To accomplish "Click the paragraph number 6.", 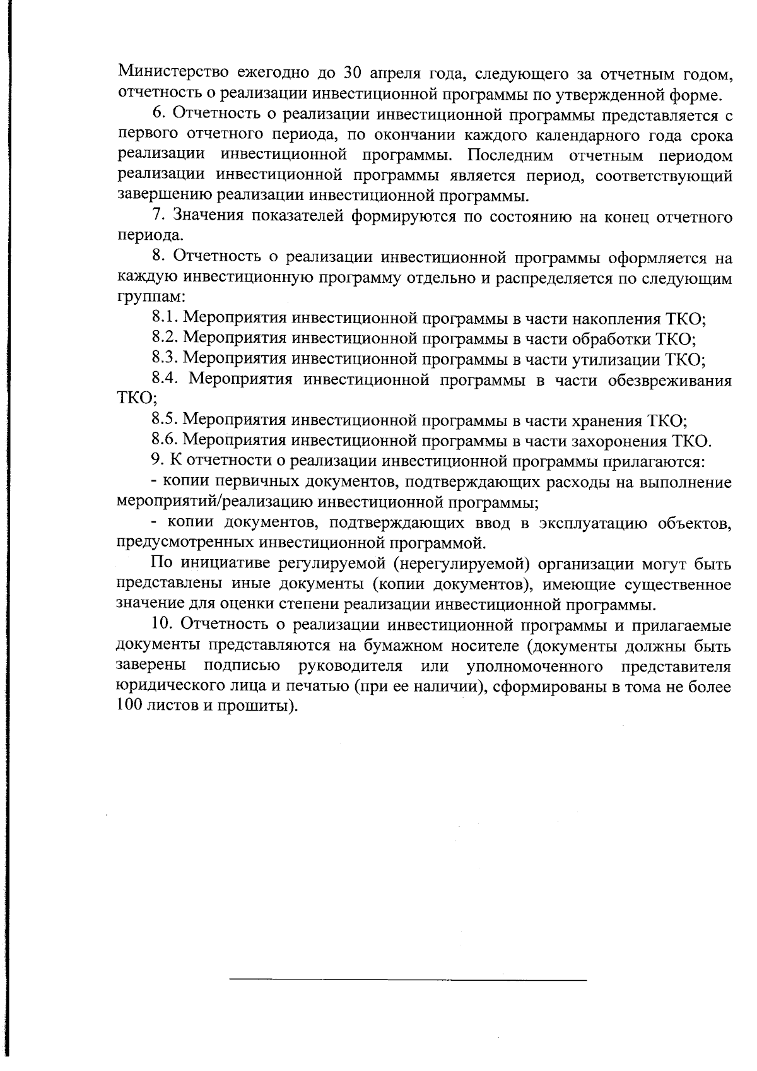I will point(158,114).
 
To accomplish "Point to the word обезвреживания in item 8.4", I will point(670,380).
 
